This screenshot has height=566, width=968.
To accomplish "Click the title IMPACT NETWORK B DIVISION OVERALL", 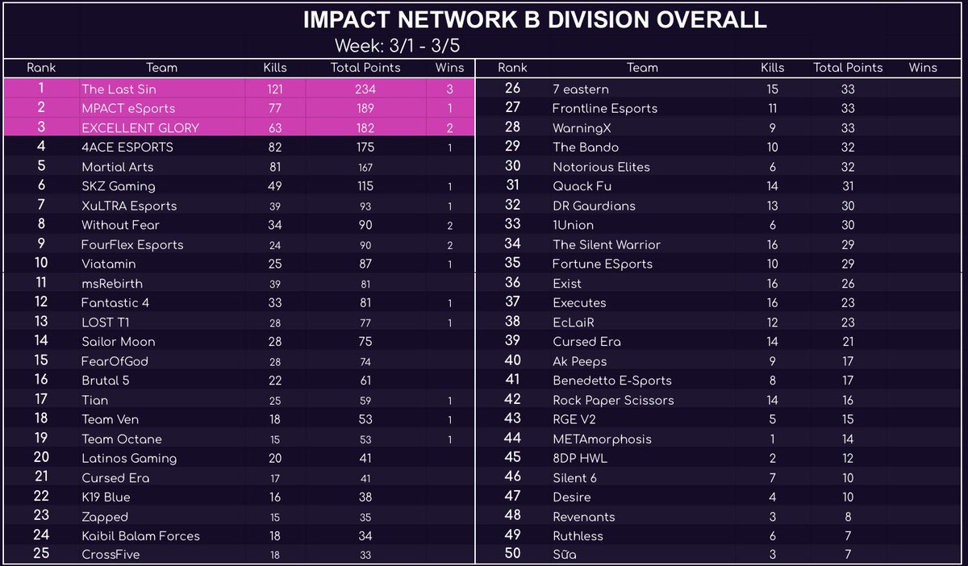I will pos(534,19).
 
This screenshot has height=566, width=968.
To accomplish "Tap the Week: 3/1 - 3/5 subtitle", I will pos(398,44).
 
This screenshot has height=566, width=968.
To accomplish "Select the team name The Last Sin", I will pos(118,89).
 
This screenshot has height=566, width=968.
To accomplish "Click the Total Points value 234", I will pos(365,89).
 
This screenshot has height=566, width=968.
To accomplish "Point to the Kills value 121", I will pos(275,89).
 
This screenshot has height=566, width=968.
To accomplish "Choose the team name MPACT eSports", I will pos(128,108).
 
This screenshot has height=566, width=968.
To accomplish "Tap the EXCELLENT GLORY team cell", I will pos(140,127).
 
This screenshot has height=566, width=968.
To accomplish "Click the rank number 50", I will pos(512,554).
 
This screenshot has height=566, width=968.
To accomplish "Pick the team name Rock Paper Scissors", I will pos(613,400).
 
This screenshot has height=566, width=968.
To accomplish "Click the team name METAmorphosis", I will pos(602,439).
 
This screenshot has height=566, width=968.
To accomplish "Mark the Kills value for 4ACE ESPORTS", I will pos(275,147).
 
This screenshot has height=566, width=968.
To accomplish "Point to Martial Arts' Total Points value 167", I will pos(365,167).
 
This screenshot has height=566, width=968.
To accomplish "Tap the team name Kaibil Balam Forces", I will pos(140,535).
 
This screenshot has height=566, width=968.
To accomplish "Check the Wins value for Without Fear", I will pos(449,225).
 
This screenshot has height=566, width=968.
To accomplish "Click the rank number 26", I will pos(512,89).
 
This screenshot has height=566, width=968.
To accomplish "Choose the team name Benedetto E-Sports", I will pos(611,381).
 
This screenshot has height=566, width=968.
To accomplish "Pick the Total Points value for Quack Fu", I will pos(847,186).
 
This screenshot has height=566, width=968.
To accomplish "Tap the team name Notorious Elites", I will pos(601,167).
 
